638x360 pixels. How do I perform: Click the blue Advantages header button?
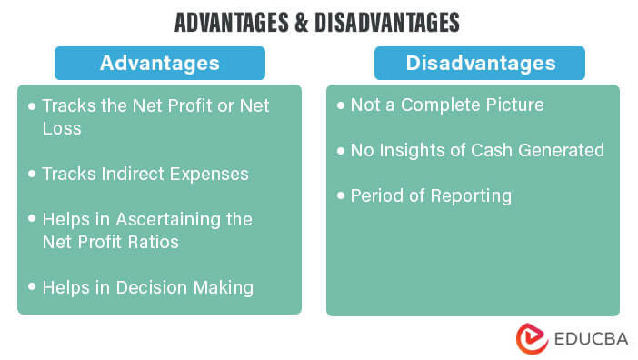click(x=159, y=63)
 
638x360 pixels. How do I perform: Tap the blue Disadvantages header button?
click(x=481, y=63)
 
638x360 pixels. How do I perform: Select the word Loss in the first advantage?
click(x=62, y=128)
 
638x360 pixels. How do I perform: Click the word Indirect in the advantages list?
click(x=140, y=173)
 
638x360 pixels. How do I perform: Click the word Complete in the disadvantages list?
click(x=438, y=105)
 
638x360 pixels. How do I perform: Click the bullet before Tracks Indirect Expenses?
click(x=33, y=173)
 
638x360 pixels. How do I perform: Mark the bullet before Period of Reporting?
click(x=341, y=195)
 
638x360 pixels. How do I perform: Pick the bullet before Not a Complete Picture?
click(x=341, y=105)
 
